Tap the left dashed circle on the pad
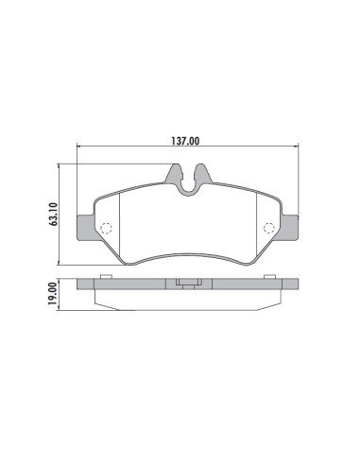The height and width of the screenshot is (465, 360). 107,227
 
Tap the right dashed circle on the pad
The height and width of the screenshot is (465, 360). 268,227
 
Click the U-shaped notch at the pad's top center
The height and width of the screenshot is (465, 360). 188,181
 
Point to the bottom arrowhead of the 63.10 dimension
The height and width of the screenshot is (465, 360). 62,265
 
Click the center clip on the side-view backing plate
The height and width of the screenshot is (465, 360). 188,283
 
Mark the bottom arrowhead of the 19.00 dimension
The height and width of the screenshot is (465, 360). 62,307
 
